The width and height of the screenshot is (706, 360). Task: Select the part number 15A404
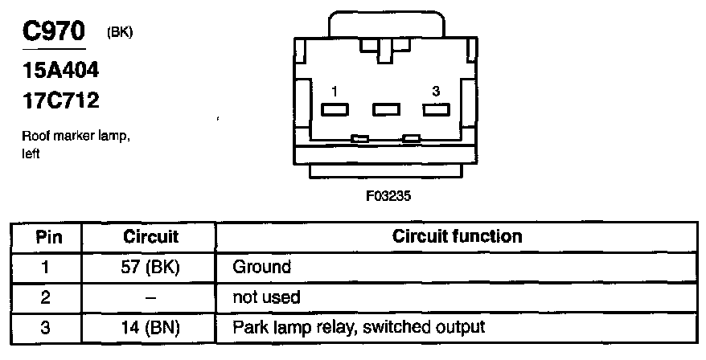pos(60,72)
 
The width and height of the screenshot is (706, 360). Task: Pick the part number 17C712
pos(60,103)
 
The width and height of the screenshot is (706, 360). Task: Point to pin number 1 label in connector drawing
pos(335,92)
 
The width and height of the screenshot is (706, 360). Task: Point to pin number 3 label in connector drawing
pos(435,92)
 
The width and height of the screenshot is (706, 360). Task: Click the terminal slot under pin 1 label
pos(335,108)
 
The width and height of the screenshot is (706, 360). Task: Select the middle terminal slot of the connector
pos(386,108)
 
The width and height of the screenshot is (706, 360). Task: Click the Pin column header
pos(46,237)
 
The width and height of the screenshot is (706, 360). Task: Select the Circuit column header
pos(151,237)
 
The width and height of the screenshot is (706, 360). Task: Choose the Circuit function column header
pos(457,237)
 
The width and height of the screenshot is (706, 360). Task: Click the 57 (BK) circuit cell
pos(151,267)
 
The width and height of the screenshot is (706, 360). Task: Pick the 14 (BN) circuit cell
pos(151,328)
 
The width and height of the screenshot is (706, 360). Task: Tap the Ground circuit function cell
pos(261,267)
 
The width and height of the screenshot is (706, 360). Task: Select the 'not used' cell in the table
pos(266,297)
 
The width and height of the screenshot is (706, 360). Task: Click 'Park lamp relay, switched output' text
pos(359,328)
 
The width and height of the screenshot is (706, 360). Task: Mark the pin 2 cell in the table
pos(46,297)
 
